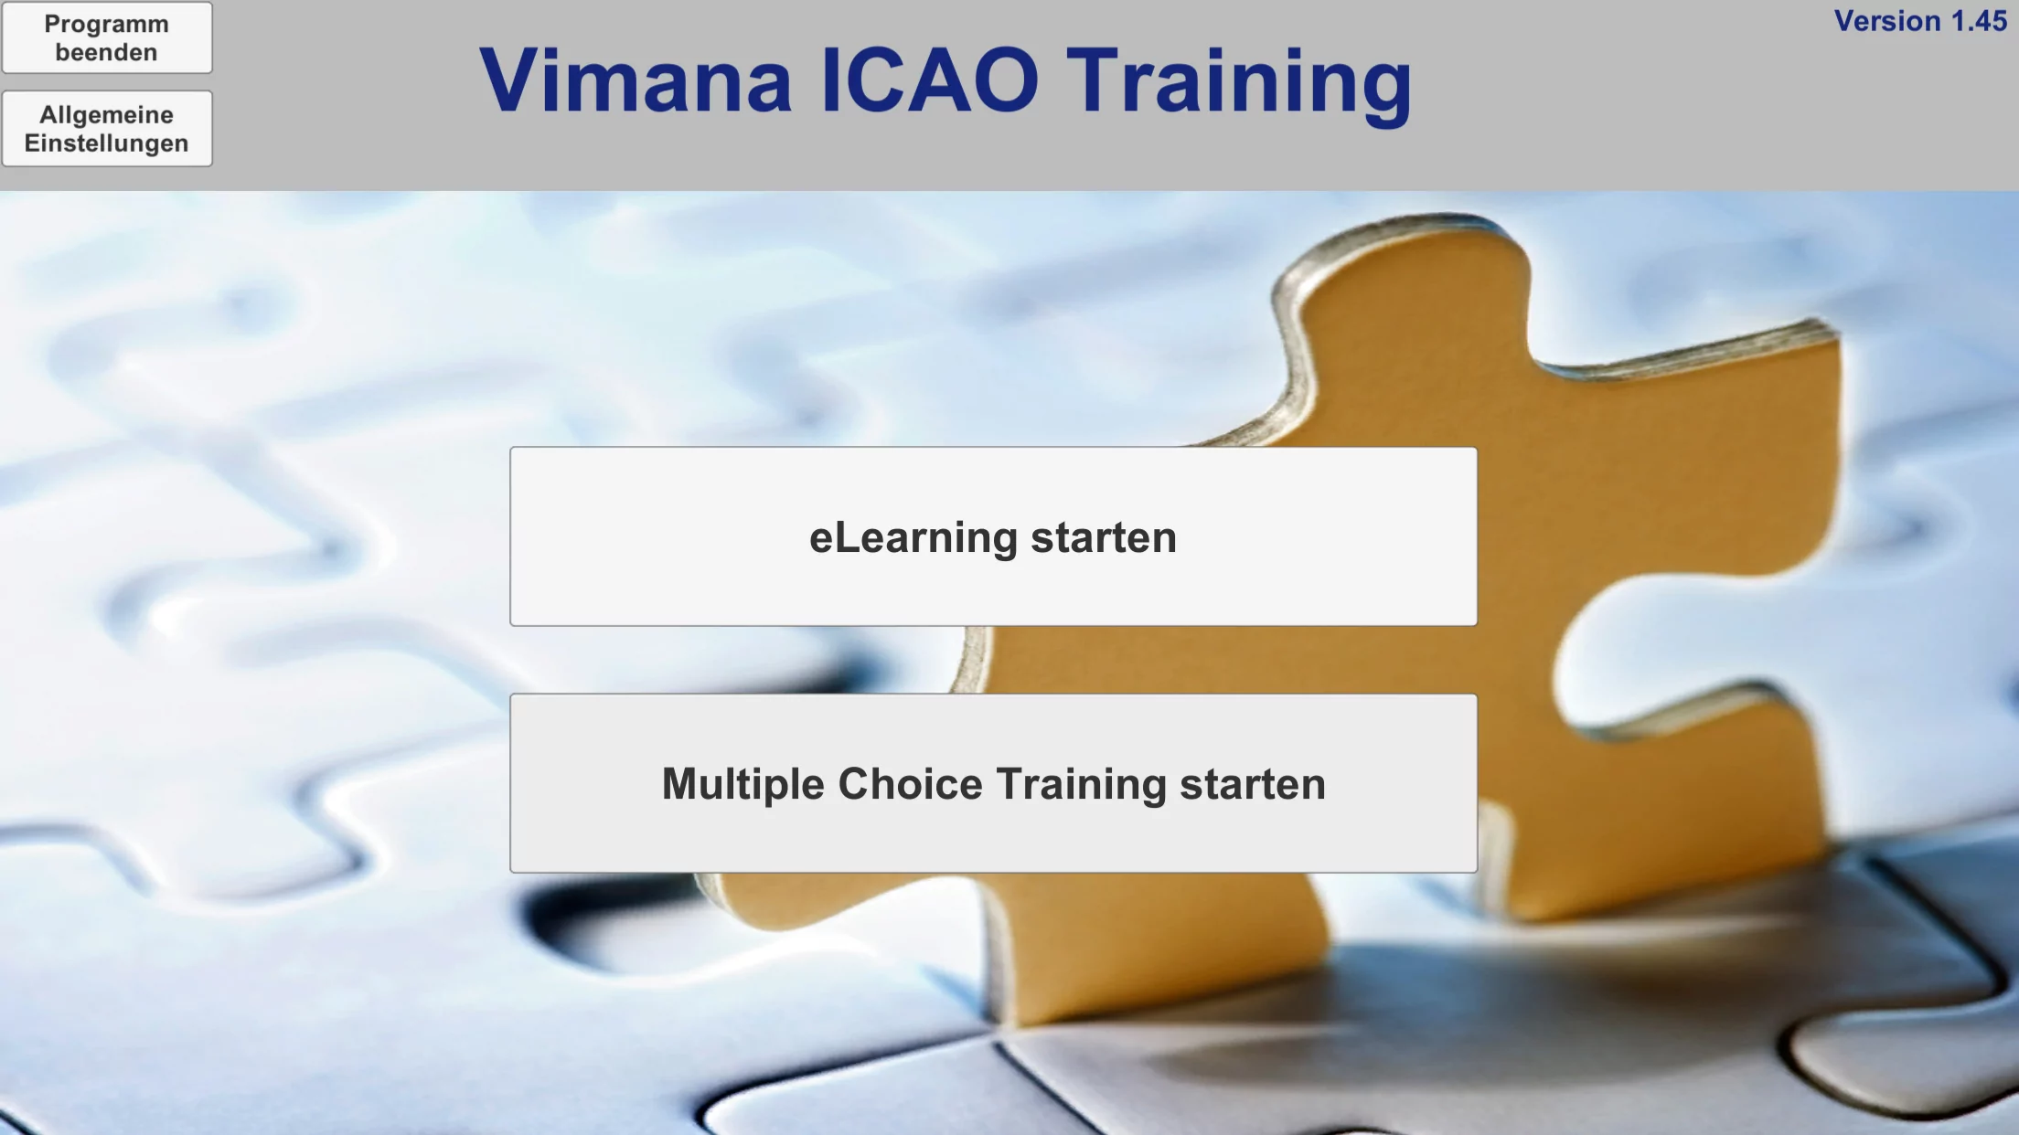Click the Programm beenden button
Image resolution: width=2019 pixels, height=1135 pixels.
107,37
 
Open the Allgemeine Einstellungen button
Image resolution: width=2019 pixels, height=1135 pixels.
107,129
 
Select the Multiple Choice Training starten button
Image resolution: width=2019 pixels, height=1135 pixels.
993,783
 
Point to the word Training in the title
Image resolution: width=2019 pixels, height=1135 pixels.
1240,84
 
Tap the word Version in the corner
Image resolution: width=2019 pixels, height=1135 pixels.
1887,21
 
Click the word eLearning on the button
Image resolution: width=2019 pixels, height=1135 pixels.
913,538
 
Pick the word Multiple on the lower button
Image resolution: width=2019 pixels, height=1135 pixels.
743,785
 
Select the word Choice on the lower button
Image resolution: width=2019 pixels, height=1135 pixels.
910,783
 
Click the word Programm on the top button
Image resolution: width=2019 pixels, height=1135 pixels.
107,25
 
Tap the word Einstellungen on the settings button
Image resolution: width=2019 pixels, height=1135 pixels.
107,144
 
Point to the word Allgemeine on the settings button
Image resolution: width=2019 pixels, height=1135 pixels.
107,115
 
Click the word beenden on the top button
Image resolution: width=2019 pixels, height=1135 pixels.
107,53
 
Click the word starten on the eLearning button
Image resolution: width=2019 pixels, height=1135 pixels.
1104,537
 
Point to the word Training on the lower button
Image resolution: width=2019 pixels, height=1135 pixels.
1081,785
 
